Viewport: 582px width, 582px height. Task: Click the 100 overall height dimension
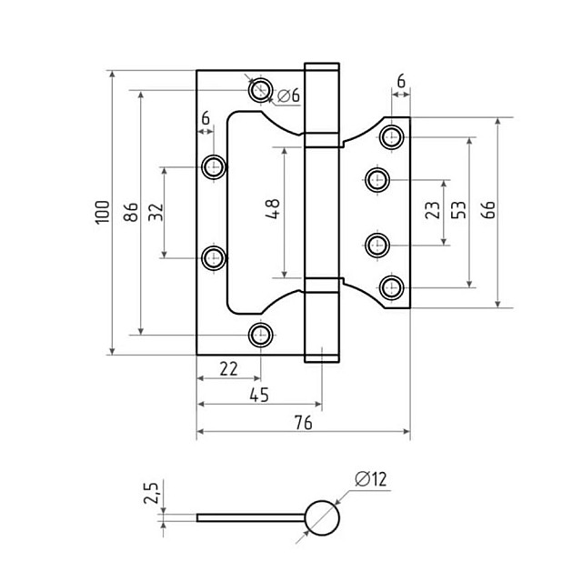coord(102,212)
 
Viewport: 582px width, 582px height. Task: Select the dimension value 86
coord(131,212)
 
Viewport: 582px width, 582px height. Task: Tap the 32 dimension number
coord(156,212)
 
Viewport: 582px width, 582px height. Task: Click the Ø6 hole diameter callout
coord(288,95)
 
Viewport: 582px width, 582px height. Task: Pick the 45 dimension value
coord(258,396)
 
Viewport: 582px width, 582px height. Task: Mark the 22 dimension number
coord(227,367)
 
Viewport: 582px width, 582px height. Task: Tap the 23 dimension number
coord(433,211)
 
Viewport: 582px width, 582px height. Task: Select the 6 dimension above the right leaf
coord(401,81)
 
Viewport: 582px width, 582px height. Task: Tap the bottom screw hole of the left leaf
coord(261,335)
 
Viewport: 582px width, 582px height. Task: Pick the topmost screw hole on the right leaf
coord(392,137)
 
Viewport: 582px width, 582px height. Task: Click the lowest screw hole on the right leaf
coord(392,287)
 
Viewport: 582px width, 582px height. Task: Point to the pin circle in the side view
coord(320,518)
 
